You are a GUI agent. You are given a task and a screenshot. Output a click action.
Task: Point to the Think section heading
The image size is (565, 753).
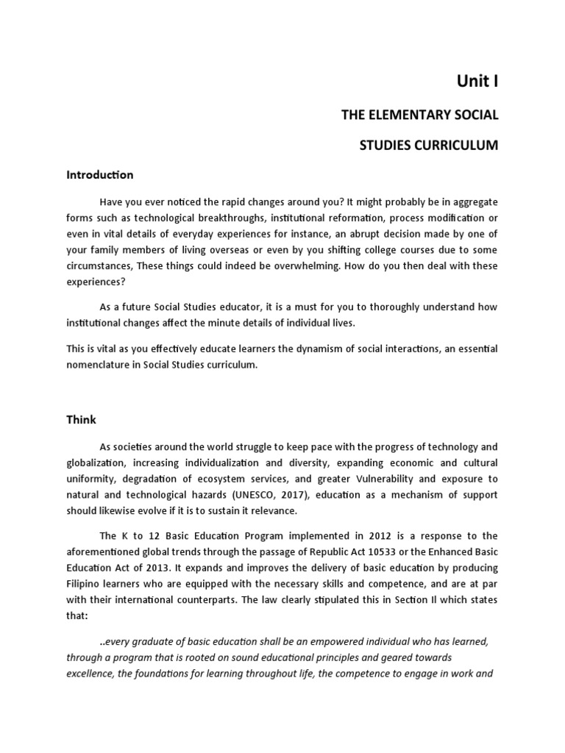(x=81, y=420)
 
